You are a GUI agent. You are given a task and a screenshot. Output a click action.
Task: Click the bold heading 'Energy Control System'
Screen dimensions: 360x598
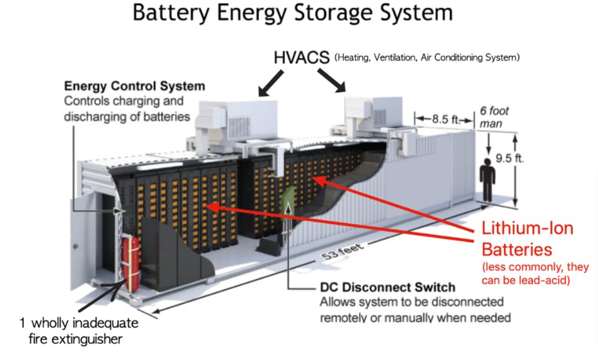coord(134,86)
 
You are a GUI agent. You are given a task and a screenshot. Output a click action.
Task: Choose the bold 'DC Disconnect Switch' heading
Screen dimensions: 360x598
coord(387,287)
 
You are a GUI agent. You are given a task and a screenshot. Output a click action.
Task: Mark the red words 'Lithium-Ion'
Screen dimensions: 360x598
coord(527,229)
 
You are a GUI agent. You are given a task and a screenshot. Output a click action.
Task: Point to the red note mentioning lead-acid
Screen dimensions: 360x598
coord(527,273)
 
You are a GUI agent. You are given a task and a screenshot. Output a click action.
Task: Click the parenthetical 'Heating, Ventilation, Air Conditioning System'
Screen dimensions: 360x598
coord(426,58)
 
